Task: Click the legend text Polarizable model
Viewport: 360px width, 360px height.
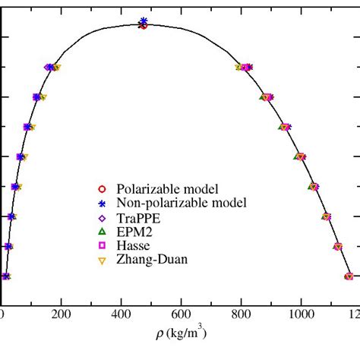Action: coord(167,188)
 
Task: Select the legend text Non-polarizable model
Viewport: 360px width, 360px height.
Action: coord(182,203)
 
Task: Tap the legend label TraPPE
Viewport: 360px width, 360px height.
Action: coord(137,217)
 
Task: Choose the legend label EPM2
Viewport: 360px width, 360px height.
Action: coord(134,232)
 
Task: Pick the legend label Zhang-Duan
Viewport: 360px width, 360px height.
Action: coord(151,261)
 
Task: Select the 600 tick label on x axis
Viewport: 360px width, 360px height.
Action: coord(182,312)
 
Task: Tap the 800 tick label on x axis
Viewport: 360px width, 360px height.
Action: coord(242,312)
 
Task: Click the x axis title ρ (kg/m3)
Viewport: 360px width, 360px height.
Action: coord(182,333)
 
